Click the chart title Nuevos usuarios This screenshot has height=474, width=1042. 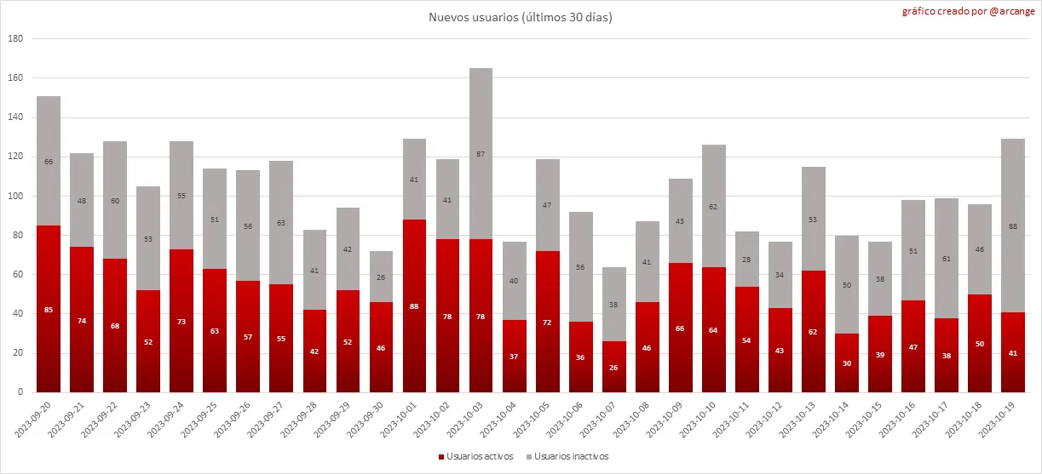521,17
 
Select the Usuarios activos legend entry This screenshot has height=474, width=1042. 475,457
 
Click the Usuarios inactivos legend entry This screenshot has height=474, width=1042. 566,457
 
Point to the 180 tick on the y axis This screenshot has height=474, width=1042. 15,39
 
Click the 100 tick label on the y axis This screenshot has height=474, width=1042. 15,197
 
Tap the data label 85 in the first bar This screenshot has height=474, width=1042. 49,310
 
